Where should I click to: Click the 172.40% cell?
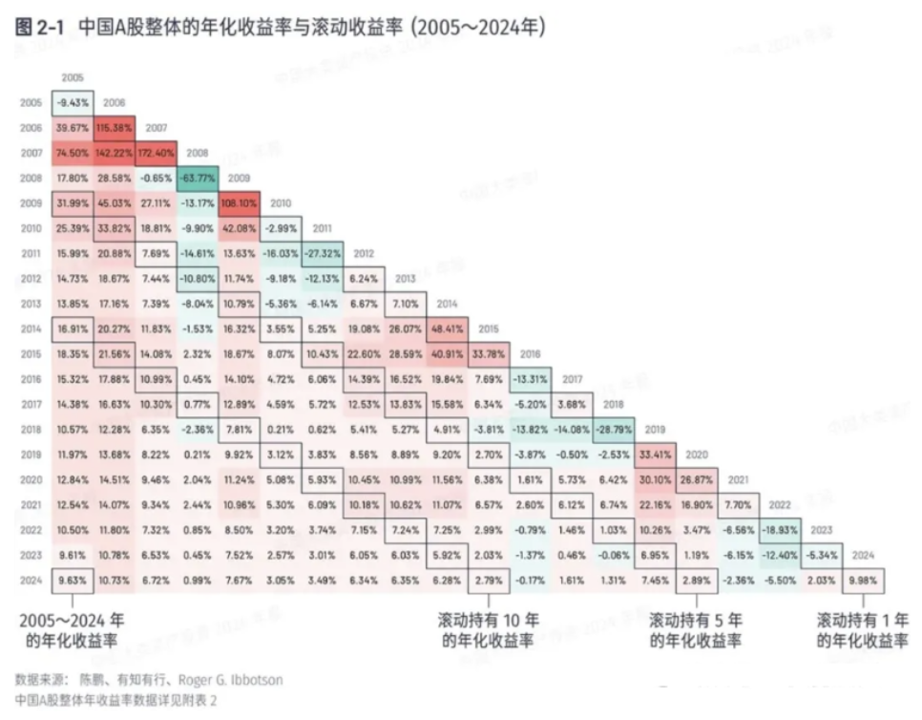(x=156, y=153)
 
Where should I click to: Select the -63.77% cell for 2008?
(x=198, y=178)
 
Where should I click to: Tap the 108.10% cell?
(x=240, y=202)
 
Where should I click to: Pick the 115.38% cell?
(x=115, y=128)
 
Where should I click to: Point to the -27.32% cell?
(x=323, y=252)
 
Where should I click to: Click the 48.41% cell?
(x=448, y=328)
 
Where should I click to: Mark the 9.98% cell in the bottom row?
(x=865, y=579)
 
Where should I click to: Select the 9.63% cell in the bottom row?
(x=73, y=579)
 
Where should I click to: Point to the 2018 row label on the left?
(x=30, y=428)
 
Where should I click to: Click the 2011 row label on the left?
(x=30, y=253)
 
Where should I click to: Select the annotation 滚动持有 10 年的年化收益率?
(x=488, y=630)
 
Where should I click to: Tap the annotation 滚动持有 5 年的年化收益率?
(x=696, y=630)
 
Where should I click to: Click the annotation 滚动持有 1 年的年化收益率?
(x=863, y=630)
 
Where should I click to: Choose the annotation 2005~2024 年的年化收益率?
(x=72, y=630)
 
